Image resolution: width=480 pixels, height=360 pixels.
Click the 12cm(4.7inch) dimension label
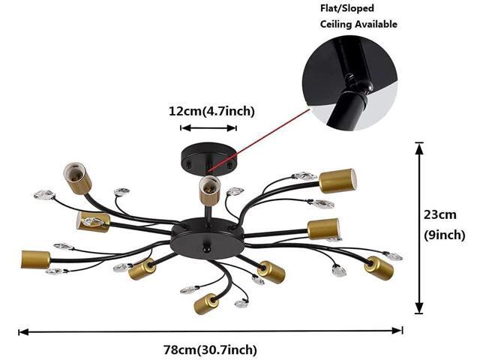(211, 111)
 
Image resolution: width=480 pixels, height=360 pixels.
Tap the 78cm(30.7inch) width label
(210, 349)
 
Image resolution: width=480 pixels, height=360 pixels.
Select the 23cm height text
(440, 214)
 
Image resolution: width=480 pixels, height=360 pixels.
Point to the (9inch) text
(445, 235)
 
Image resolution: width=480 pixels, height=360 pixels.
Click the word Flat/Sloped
(347, 8)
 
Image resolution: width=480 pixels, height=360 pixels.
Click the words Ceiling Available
(358, 24)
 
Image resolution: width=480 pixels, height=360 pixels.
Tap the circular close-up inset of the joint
(349, 83)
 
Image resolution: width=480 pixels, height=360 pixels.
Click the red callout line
(259, 139)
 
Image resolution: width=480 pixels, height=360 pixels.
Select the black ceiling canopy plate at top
(208, 159)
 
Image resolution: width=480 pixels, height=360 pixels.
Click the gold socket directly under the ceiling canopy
(209, 190)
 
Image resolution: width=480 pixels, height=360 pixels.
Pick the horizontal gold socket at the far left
(35, 259)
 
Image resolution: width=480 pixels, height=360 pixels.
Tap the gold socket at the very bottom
(206, 303)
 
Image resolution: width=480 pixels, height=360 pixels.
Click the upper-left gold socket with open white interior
(77, 178)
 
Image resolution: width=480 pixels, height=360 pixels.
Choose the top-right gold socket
(337, 181)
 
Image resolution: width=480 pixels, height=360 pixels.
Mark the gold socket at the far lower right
(379, 268)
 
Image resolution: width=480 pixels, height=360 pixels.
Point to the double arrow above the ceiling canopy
(208, 128)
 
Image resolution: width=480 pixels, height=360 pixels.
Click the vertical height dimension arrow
(419, 228)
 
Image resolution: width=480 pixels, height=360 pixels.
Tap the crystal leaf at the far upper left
(44, 195)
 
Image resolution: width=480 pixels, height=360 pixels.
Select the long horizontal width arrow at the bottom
(211, 331)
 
